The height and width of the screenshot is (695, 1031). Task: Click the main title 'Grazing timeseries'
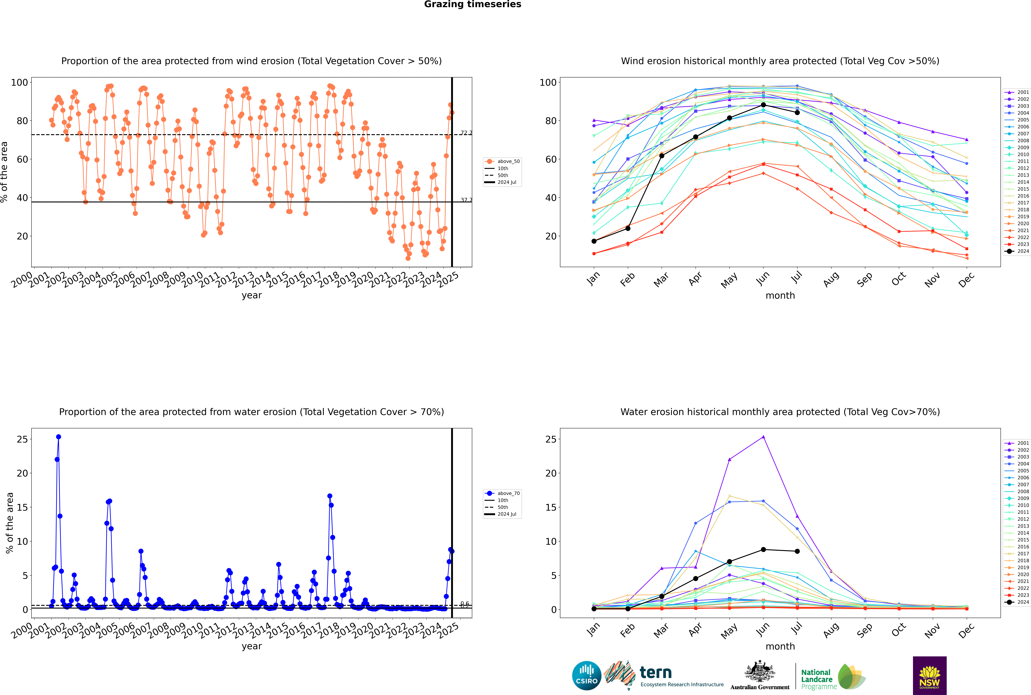473,4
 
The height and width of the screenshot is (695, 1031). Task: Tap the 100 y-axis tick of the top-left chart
19,82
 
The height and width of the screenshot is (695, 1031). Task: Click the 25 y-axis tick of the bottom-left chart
22,439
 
